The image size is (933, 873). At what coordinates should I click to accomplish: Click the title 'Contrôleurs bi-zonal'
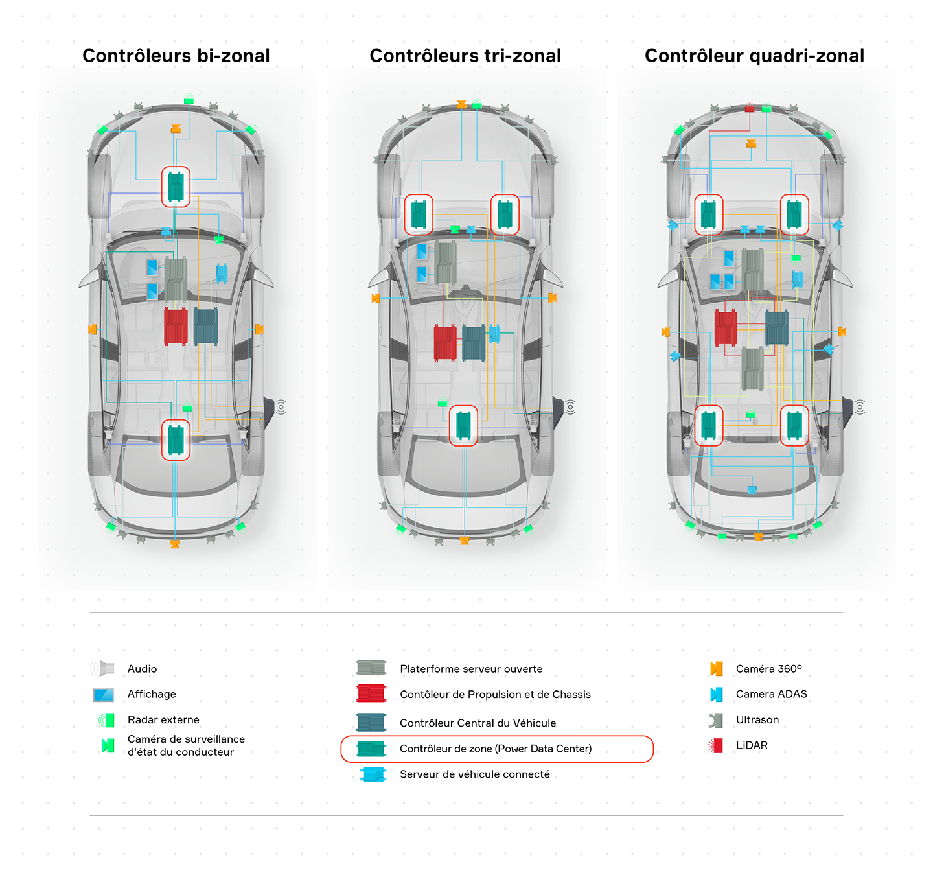click(x=176, y=56)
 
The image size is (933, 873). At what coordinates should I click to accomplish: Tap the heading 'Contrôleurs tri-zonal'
click(x=465, y=56)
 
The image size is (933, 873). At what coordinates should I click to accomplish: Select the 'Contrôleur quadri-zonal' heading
click(x=754, y=56)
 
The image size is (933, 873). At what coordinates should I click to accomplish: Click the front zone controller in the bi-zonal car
click(x=176, y=187)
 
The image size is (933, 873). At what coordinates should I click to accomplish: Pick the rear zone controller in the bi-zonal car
click(x=176, y=439)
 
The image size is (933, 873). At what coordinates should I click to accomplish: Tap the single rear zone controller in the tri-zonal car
click(x=463, y=425)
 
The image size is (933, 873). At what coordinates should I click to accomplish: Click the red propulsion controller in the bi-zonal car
click(x=176, y=326)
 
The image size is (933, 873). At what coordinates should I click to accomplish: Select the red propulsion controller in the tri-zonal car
click(x=445, y=343)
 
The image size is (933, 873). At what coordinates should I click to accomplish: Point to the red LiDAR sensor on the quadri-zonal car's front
click(x=749, y=108)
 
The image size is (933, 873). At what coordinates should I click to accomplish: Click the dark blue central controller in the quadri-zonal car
click(x=777, y=328)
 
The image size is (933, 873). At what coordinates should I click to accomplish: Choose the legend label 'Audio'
click(x=143, y=668)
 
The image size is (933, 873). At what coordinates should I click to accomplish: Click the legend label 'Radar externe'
click(x=163, y=719)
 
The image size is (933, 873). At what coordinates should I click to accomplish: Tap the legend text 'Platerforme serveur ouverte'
click(x=471, y=668)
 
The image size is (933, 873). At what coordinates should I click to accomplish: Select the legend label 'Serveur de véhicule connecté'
click(x=474, y=774)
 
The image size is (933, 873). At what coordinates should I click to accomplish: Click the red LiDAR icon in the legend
click(x=715, y=745)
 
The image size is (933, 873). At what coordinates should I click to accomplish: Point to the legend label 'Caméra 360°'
click(x=768, y=668)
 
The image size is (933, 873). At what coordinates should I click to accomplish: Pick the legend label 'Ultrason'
click(x=757, y=719)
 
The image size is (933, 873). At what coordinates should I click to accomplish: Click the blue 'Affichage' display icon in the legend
click(x=104, y=694)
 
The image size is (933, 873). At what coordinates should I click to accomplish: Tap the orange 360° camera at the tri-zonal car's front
click(x=461, y=104)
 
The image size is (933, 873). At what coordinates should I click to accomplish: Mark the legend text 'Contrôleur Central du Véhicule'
click(x=478, y=723)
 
